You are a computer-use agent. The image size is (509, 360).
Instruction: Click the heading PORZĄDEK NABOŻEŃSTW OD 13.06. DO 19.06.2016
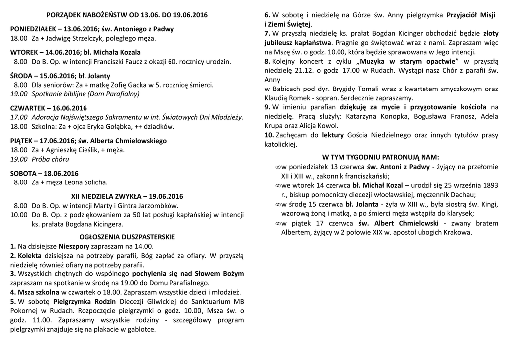[127, 15]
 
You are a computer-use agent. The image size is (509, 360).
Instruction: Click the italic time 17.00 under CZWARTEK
[19, 117]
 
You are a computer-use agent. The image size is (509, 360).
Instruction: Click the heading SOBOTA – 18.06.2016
[44, 173]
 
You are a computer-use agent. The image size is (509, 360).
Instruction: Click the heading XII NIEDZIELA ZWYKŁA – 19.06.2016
[127, 196]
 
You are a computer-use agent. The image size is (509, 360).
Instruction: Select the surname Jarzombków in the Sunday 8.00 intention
[159, 205]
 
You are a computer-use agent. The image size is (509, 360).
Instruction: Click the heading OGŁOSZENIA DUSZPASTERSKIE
[127, 237]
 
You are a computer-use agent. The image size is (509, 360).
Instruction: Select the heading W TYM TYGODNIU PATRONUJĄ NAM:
[381, 156]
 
